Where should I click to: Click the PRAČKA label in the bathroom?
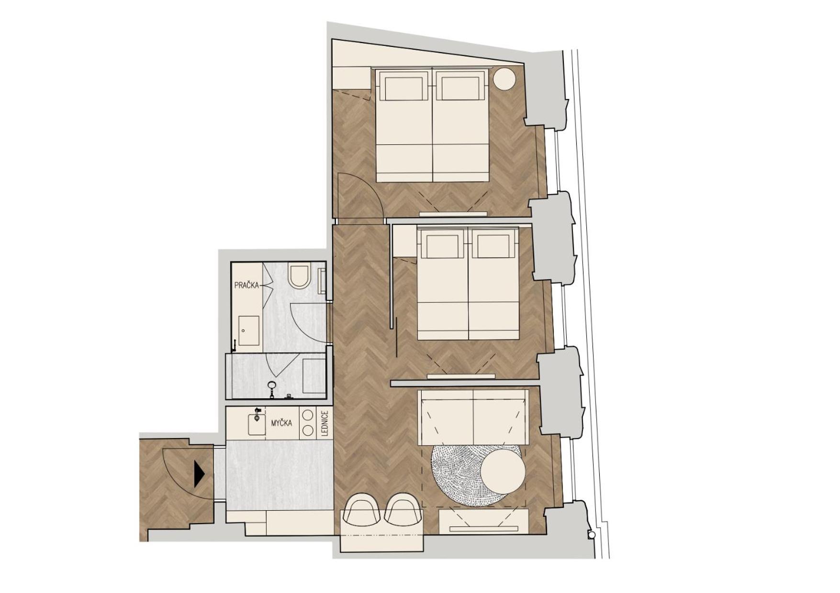pyautogui.click(x=246, y=286)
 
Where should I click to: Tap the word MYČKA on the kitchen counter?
pyautogui.click(x=281, y=423)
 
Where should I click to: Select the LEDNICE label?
pyautogui.click(x=325, y=424)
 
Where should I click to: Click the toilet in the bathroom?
pyautogui.click(x=300, y=276)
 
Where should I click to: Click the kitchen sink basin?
pyautogui.click(x=257, y=425)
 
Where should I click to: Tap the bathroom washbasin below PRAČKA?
pyautogui.click(x=248, y=330)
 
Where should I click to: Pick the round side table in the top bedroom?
pyautogui.click(x=504, y=79)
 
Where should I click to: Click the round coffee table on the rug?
pyautogui.click(x=503, y=471)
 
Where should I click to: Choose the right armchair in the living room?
pyautogui.click(x=403, y=509)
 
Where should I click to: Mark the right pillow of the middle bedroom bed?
pyautogui.click(x=493, y=246)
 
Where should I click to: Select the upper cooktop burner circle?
pyautogui.click(x=308, y=415)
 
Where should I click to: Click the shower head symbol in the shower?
pyautogui.click(x=272, y=384)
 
